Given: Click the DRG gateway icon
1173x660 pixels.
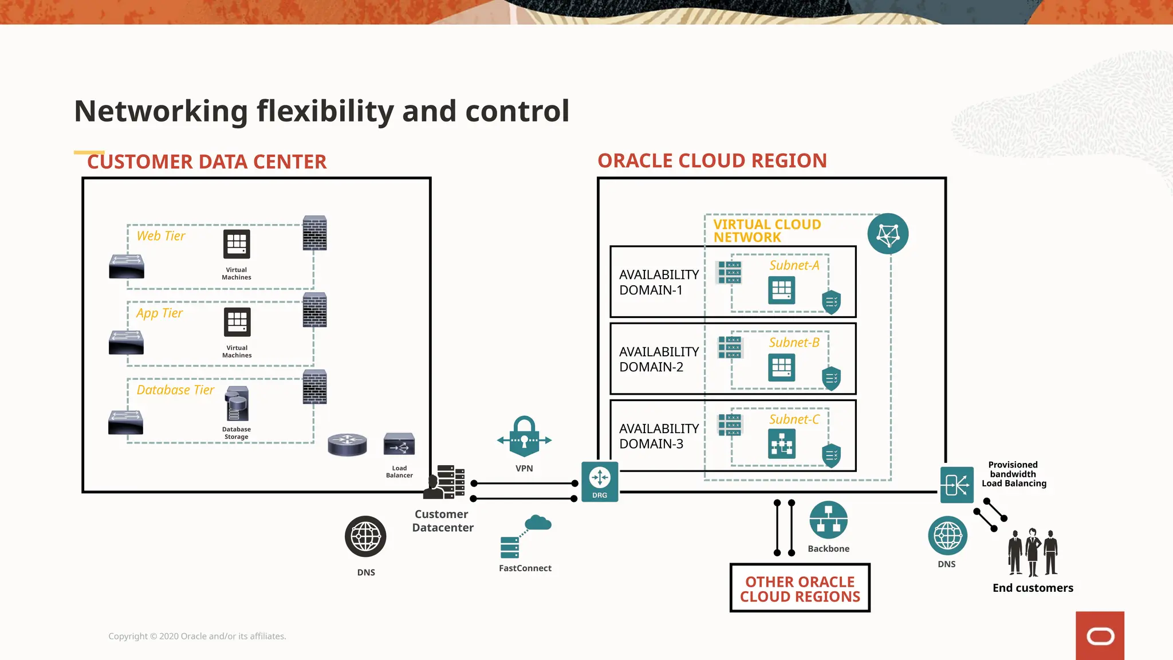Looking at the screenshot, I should (600, 481).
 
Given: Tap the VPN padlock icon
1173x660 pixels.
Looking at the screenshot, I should (524, 437).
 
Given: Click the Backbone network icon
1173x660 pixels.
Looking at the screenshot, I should (828, 520).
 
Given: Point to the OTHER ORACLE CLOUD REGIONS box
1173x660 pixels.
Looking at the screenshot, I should (800, 588).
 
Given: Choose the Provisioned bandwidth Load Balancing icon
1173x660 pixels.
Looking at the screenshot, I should (956, 485).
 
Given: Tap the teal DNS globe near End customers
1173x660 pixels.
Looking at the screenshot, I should (947, 536).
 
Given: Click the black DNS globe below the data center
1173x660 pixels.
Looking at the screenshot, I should (365, 537).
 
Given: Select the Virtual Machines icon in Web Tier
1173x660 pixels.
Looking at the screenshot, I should (237, 245).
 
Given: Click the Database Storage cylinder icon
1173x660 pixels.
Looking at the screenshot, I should (237, 404).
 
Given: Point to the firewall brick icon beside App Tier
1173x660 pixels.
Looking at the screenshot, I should (314, 310).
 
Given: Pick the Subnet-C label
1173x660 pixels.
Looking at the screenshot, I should (794, 419).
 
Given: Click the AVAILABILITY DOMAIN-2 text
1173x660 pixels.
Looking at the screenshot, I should (659, 359).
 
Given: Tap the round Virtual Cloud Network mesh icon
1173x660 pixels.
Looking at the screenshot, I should (888, 234).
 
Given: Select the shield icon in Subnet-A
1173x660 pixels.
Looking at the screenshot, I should (831, 301).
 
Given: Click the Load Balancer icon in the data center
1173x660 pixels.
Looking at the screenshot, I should (399, 445).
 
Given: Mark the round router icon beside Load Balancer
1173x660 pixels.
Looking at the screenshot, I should (347, 445).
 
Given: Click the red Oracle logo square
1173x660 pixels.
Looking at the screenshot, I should (1100, 635).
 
